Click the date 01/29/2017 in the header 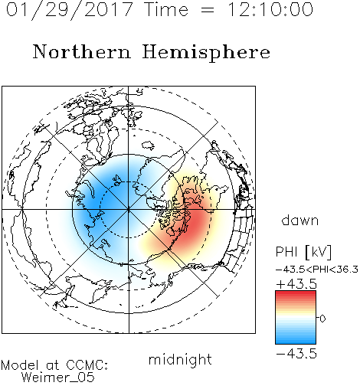pos(70,10)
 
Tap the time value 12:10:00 pos(270,9)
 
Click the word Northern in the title pos(82,51)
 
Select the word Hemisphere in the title pos(206,53)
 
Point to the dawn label pos(300,220)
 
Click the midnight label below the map pos(180,359)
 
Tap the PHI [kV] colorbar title pos(303,252)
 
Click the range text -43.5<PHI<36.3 pos(317,270)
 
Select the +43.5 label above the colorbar pos(296,284)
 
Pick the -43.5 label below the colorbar pos(296,354)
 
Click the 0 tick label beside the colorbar pos(322,319)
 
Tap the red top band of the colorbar pos(296,294)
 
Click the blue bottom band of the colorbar pos(296,341)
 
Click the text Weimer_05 pos(58,378)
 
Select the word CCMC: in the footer pos(87,365)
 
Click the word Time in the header pos(166,9)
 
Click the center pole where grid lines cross pos(129,210)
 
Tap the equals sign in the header pos(208,11)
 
